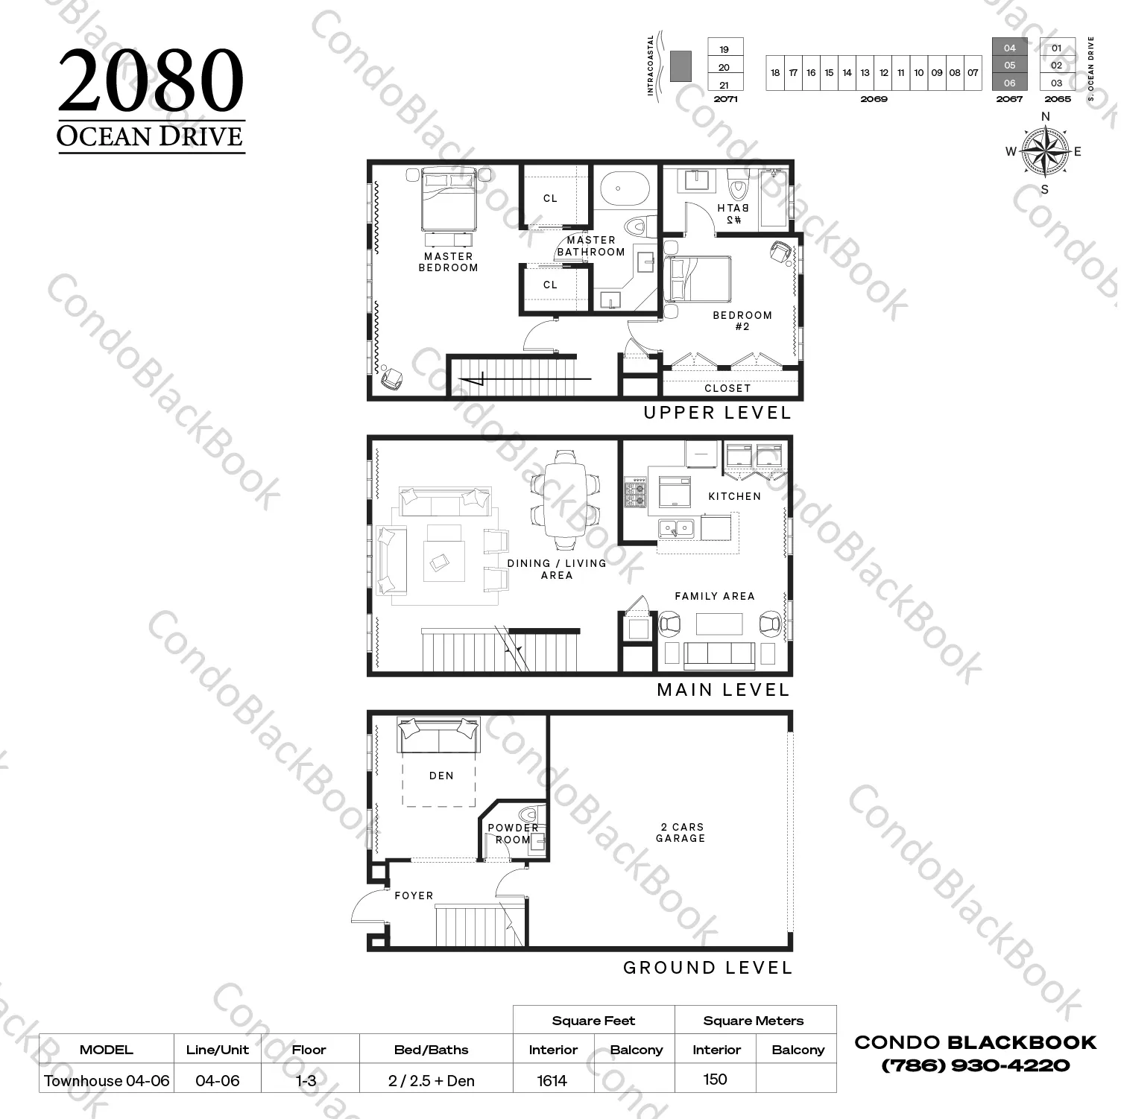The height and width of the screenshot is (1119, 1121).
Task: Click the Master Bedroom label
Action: [x=448, y=261]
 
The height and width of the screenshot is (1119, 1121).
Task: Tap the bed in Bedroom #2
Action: [x=698, y=279]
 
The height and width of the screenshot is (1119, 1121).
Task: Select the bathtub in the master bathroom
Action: [x=625, y=189]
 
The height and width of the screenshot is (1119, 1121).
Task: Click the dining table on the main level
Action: [x=565, y=498]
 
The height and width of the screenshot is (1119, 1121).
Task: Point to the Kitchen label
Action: [x=734, y=496]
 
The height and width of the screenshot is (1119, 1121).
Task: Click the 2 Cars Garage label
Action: [x=681, y=832]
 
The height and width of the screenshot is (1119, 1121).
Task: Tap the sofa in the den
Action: [x=438, y=736]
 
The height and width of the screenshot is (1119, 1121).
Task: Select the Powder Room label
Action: [x=513, y=833]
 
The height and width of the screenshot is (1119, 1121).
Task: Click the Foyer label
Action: [x=414, y=895]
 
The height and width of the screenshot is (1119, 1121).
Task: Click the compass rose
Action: [x=1045, y=151]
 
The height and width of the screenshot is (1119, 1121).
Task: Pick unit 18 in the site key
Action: [x=775, y=73]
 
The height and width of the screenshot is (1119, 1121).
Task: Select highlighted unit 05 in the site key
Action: [x=1009, y=65]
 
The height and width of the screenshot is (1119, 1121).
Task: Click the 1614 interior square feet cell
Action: [x=552, y=1080]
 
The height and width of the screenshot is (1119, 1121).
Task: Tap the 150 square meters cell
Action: [x=715, y=1079]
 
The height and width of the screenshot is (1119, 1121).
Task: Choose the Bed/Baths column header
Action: [x=432, y=1050]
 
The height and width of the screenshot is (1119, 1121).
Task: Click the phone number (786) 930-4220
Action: [x=975, y=1065]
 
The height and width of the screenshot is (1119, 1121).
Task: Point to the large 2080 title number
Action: [x=151, y=80]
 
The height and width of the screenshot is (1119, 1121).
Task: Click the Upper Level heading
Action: [x=717, y=413]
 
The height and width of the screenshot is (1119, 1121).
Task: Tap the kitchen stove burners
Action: [x=635, y=492]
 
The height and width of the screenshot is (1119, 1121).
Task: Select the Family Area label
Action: [x=715, y=596]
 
